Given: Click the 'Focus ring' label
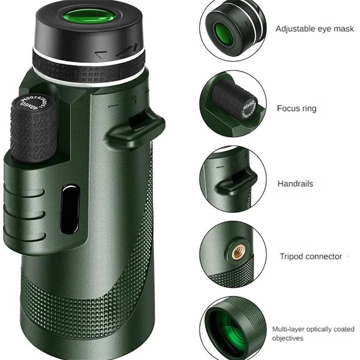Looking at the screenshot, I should point(297,108).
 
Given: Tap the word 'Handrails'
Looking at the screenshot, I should point(295,184).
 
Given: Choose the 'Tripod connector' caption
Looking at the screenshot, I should point(311,256).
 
